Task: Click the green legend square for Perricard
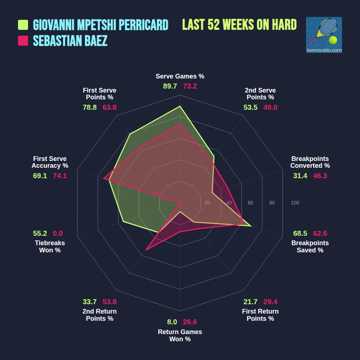pyautogui.click(x=23, y=25)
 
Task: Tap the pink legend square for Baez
pyautogui.click(x=23, y=41)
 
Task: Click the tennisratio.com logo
pyautogui.click(x=324, y=35)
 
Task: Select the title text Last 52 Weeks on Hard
pyautogui.click(x=239, y=24)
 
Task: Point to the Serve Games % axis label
pyautogui.click(x=180, y=76)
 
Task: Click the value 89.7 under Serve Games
pyautogui.click(x=170, y=86)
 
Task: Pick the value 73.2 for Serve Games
pyautogui.click(x=190, y=86)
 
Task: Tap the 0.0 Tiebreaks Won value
pyautogui.click(x=58, y=233)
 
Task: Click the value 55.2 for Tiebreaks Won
pyautogui.click(x=40, y=233)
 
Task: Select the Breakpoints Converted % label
pyautogui.click(x=310, y=162)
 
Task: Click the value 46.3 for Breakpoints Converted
pyautogui.click(x=320, y=176)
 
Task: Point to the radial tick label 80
pyautogui.click(x=272, y=203)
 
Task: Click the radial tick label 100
pyautogui.click(x=295, y=203)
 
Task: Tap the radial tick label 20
pyautogui.click(x=207, y=203)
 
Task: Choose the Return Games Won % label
pyautogui.click(x=180, y=336)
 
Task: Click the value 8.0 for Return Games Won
pyautogui.click(x=172, y=322)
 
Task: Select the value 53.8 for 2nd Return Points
pyautogui.click(x=109, y=302)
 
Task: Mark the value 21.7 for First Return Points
pyautogui.click(x=250, y=302)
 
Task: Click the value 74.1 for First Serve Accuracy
pyautogui.click(x=60, y=176)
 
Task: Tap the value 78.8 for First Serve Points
pyautogui.click(x=90, y=107)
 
